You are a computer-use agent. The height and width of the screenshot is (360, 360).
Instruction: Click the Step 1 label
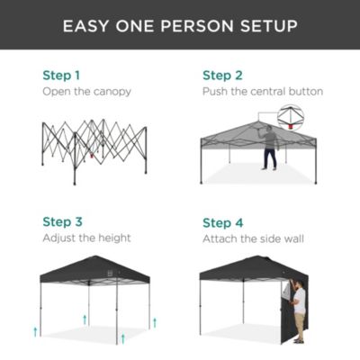coord(61,75)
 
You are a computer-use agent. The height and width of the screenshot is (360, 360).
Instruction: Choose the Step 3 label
coord(62,221)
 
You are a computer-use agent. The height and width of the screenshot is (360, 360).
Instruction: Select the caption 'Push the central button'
coord(263,92)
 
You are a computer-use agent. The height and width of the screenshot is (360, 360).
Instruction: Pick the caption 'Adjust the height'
coord(86,238)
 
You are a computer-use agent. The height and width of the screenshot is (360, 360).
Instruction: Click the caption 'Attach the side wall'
coord(256,238)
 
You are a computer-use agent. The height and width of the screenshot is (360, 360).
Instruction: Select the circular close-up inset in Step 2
coord(290,116)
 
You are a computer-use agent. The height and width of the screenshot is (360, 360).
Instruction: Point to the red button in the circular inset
coord(292,125)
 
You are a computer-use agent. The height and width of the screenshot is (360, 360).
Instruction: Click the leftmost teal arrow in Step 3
coord(35,332)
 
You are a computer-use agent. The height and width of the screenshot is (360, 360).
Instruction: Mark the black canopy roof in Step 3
coord(100,269)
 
